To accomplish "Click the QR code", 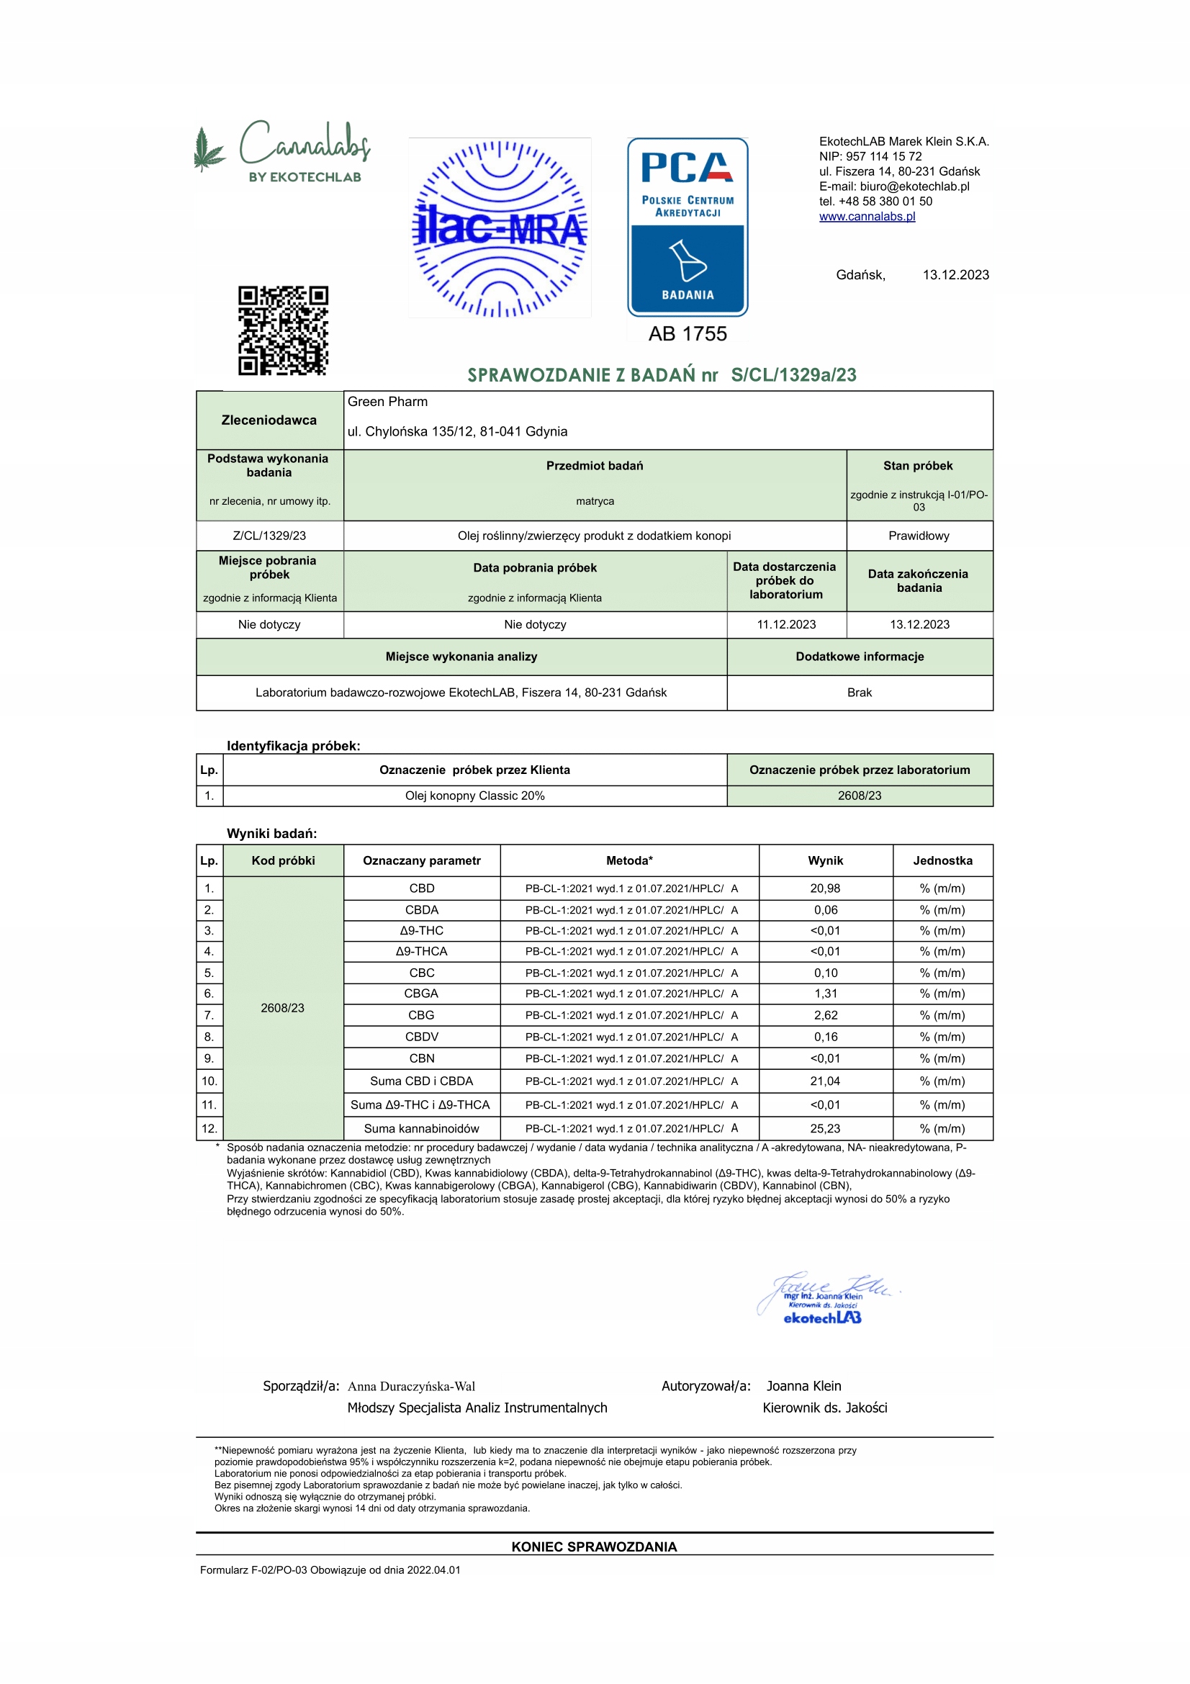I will pos(283,330).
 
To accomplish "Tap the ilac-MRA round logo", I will pos(500,228).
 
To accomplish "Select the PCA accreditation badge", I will pos(687,227).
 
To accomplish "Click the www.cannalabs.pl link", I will pos(867,217).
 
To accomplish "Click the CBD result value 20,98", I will pos(825,888).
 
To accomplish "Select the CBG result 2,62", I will pos(825,1015).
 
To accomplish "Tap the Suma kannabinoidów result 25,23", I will pos(825,1128).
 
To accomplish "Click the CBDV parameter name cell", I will pos(422,1036).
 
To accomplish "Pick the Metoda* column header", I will pos(629,860).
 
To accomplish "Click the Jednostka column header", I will pos(942,860).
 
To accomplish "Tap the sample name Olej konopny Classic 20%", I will pos(474,796).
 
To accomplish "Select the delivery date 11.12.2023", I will pos(786,624).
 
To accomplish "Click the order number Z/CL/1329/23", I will pos(269,536).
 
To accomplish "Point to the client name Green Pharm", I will pos(387,402).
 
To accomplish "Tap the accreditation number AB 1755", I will pos(687,335).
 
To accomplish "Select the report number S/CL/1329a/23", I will pos(793,376).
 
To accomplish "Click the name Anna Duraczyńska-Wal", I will pos(411,1386).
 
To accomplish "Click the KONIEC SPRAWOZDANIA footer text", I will pos(594,1546).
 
